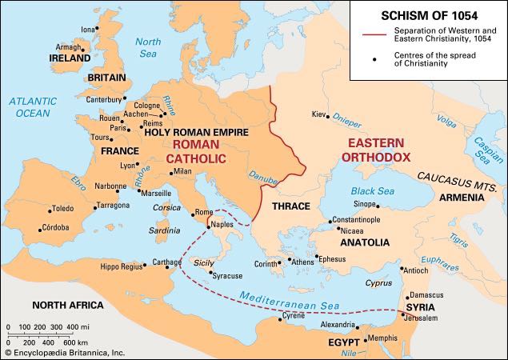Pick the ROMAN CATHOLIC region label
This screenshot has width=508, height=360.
click(199, 151)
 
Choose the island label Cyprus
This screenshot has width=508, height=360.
click(378, 282)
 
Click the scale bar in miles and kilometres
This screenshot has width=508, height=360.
click(48, 333)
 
